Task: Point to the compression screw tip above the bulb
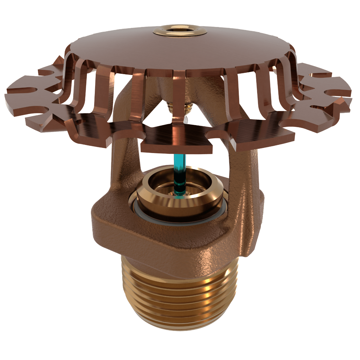[180, 108]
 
